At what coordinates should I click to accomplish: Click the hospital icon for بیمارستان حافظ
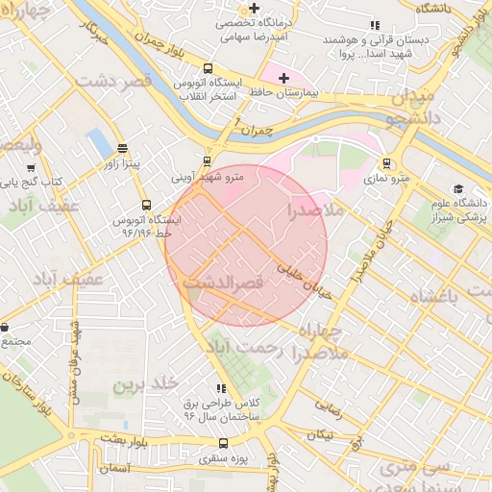click(283, 78)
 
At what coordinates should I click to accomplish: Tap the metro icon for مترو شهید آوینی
click(207, 161)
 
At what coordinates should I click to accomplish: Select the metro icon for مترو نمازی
click(386, 163)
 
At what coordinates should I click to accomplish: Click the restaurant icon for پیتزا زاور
click(122, 149)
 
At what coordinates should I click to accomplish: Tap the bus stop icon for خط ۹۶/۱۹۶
click(146, 205)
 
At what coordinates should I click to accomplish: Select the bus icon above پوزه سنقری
click(224, 444)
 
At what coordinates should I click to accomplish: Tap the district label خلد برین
click(147, 384)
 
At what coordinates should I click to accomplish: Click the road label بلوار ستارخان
click(34, 393)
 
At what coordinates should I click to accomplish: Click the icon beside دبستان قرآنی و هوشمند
click(374, 26)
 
